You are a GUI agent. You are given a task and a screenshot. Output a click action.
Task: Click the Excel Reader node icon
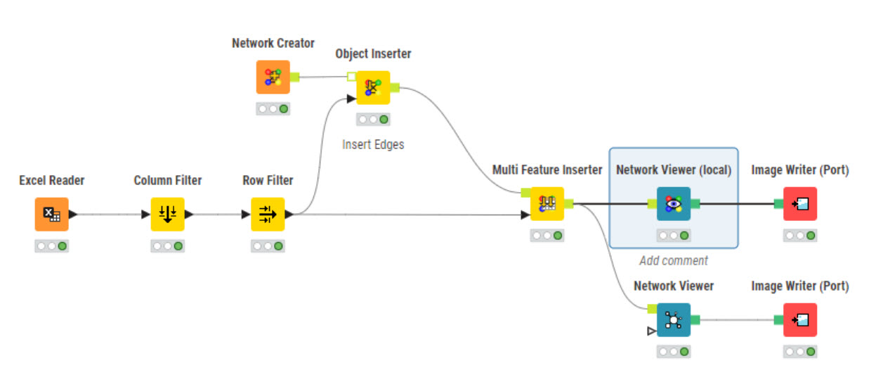(52, 215)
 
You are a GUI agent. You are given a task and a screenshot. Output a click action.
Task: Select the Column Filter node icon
(167, 215)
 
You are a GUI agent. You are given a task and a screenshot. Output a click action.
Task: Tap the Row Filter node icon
(268, 215)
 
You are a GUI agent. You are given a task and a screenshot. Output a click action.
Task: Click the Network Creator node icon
(273, 77)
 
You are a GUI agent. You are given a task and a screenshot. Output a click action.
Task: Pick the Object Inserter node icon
(372, 88)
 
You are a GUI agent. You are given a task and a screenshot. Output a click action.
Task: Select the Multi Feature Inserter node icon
(547, 204)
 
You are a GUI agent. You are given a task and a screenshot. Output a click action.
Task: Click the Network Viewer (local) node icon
(673, 204)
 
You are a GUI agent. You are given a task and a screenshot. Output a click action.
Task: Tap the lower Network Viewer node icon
(673, 320)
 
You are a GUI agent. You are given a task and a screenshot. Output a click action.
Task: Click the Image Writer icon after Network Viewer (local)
(799, 204)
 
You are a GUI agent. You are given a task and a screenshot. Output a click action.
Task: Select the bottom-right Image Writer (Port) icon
(799, 320)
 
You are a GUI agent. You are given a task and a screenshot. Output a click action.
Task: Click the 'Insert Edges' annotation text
(373, 145)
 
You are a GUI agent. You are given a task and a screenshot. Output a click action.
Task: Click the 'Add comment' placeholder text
(673, 261)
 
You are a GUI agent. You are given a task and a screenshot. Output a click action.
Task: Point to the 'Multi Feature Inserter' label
(547, 170)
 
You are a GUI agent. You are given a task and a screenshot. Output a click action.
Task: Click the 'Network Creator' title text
(273, 44)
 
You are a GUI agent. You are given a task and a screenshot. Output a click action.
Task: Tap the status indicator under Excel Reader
(52, 246)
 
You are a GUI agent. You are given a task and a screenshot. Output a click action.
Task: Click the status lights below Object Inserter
(372, 120)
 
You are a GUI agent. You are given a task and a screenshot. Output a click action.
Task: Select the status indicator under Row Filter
(268, 246)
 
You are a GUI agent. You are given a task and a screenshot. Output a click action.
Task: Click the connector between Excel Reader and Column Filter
(109, 215)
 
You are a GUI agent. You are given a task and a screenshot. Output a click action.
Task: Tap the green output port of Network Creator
(294, 77)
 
